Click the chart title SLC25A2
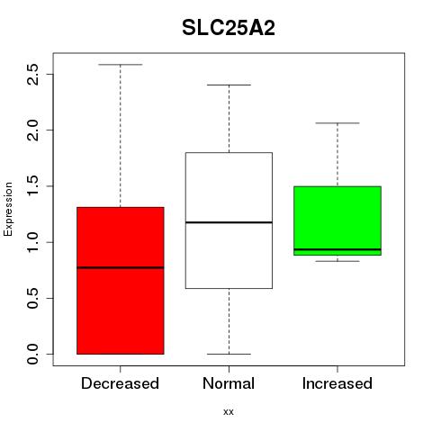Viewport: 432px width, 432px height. click(x=229, y=28)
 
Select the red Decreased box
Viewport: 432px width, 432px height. click(x=121, y=281)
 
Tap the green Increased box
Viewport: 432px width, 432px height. click(x=337, y=220)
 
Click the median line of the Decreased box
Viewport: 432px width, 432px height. click(x=121, y=267)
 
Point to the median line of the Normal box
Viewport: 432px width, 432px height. click(x=229, y=222)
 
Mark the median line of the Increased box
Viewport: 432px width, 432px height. click(x=337, y=249)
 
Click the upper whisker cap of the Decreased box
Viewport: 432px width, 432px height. click(x=121, y=65)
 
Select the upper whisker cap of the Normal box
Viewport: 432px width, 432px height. click(x=229, y=85)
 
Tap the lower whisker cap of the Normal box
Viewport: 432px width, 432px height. click(x=229, y=354)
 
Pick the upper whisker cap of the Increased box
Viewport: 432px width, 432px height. click(x=337, y=123)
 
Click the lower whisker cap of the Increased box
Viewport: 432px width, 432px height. click(x=337, y=261)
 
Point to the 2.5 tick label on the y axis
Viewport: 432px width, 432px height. click(x=32, y=74)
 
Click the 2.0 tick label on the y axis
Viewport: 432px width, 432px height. click(x=32, y=130)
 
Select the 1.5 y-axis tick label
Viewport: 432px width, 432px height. click(x=32, y=186)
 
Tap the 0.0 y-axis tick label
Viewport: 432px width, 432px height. click(x=32, y=355)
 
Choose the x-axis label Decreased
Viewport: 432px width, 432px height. click(x=120, y=383)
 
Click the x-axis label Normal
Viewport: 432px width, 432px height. click(x=229, y=383)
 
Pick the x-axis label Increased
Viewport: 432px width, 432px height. click(x=337, y=383)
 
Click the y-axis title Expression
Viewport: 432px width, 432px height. click(x=8, y=210)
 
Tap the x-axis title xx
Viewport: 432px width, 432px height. click(x=229, y=412)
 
